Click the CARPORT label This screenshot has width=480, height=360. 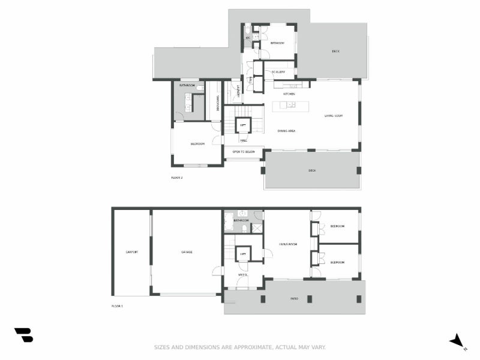tap(132, 252)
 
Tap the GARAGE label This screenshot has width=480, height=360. tap(187, 252)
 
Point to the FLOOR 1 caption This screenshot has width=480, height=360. tap(117, 307)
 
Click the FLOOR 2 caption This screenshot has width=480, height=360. tap(176, 178)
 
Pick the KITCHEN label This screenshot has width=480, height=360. tap(289, 94)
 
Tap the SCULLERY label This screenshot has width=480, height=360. tap(278, 72)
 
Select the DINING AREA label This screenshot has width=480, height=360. tap(286, 131)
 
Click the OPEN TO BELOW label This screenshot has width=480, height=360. tap(244, 152)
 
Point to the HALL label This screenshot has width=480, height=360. tap(244, 140)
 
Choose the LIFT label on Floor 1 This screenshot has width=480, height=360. tap(243, 254)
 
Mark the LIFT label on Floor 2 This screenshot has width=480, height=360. tap(243, 125)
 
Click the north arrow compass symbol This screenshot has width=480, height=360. tap(457, 341)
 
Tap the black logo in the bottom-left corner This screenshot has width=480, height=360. tap(23, 335)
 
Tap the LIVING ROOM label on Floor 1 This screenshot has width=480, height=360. tap(288, 244)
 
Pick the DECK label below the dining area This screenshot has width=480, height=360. tap(312, 171)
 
